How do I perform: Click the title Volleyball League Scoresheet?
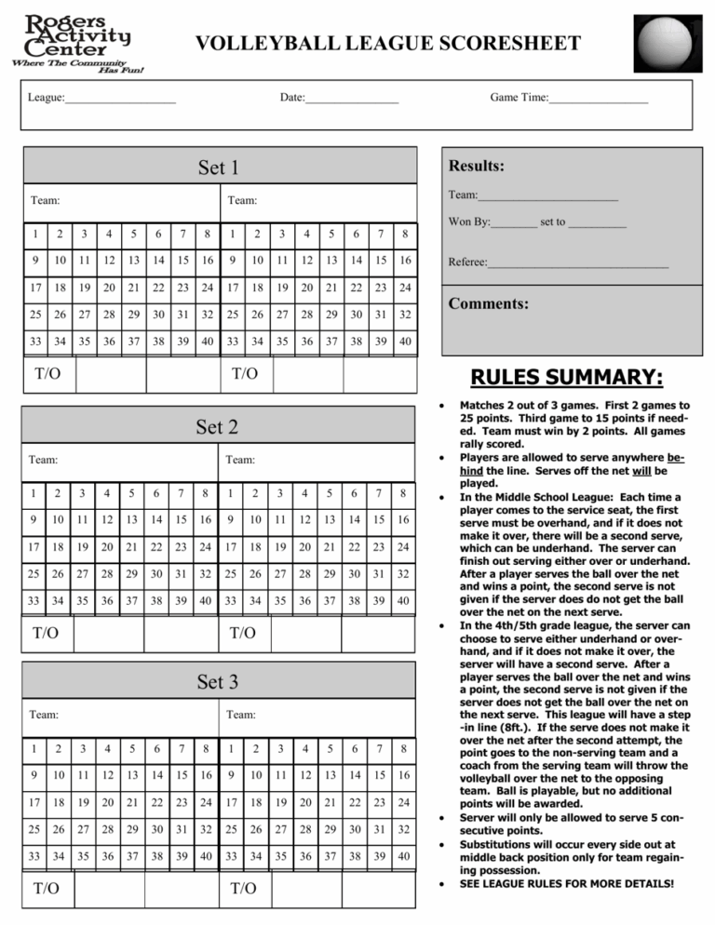[x=388, y=44]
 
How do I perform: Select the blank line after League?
[x=120, y=98]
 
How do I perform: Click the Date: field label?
[x=292, y=97]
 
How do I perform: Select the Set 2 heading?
[x=219, y=427]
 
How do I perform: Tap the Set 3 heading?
[x=219, y=681]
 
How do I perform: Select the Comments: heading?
[x=489, y=304]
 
